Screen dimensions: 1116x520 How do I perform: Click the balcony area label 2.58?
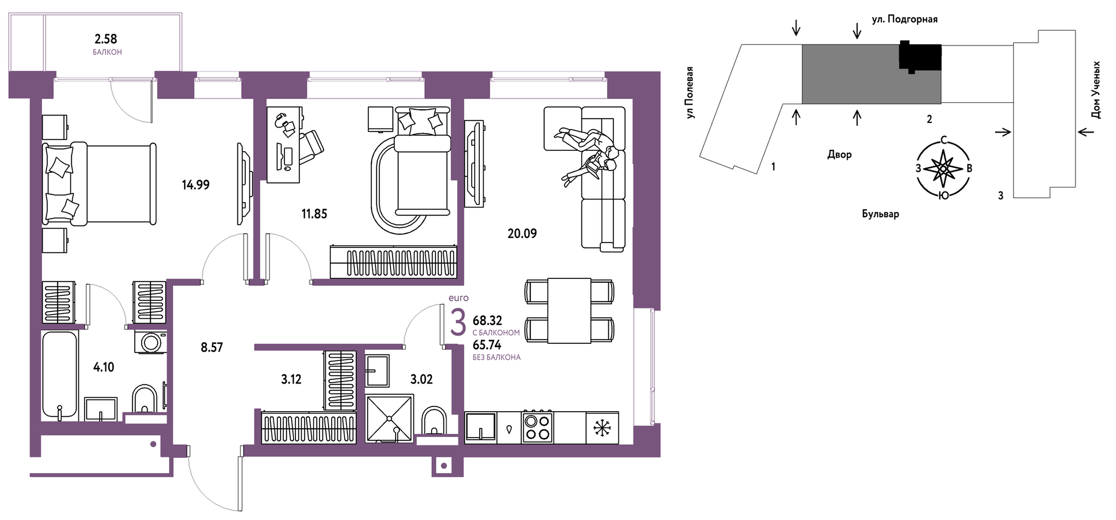point(105,39)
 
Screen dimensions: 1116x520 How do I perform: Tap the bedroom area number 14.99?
point(195,185)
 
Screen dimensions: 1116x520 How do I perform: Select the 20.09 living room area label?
point(522,234)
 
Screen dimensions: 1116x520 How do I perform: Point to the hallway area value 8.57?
point(212,347)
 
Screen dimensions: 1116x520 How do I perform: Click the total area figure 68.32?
point(487,320)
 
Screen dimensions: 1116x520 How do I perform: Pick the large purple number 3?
point(458,323)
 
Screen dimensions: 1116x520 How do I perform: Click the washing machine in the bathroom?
point(151,342)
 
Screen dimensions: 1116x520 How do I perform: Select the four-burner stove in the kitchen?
point(537,428)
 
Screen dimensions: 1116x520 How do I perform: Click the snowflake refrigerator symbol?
point(602,428)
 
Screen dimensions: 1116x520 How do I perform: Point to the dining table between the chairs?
point(569,311)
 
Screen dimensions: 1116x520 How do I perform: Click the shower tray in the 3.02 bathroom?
point(389,418)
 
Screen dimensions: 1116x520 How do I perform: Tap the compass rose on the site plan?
point(944,168)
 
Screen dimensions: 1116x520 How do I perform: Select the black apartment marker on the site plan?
point(920,57)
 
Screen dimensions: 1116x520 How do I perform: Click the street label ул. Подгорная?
point(905,19)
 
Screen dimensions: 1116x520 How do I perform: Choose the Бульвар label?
point(880,214)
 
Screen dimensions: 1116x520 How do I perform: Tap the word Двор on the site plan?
point(839,155)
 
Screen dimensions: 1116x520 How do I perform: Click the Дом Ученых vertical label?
point(1096,90)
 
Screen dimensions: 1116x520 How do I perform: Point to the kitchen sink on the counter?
point(480,427)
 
